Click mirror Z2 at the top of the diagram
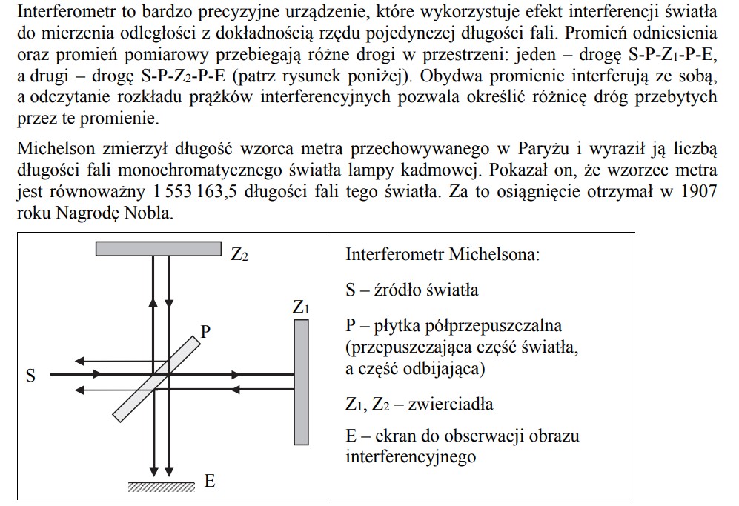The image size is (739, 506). [159, 248]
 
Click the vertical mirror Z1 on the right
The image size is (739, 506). [301, 381]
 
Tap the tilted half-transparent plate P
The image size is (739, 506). [159, 375]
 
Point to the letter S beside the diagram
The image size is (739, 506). [30, 376]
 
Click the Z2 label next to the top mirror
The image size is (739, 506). [239, 256]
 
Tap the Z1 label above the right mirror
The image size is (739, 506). [301, 307]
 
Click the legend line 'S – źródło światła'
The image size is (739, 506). [411, 290]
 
